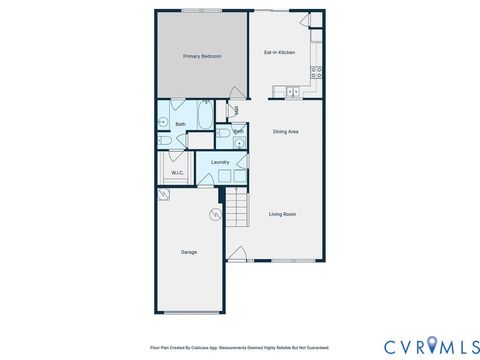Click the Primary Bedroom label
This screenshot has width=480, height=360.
coord(203,57)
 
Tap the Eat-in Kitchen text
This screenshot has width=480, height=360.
coord(279,52)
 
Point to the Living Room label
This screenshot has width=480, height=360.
coord(283,214)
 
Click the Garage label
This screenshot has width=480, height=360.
coord(188,252)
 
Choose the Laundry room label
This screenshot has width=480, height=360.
coord(220,161)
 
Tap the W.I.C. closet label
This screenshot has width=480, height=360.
coord(176,173)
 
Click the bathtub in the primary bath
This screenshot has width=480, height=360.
coord(204,119)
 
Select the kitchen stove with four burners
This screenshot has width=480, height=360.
coord(316,71)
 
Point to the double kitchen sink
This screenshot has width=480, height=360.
coord(293,92)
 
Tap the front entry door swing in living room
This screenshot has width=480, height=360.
coord(237,253)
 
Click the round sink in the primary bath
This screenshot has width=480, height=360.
coord(163,124)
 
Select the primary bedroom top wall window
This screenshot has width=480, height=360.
coord(208,11)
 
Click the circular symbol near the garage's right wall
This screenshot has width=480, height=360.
coord(214,215)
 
